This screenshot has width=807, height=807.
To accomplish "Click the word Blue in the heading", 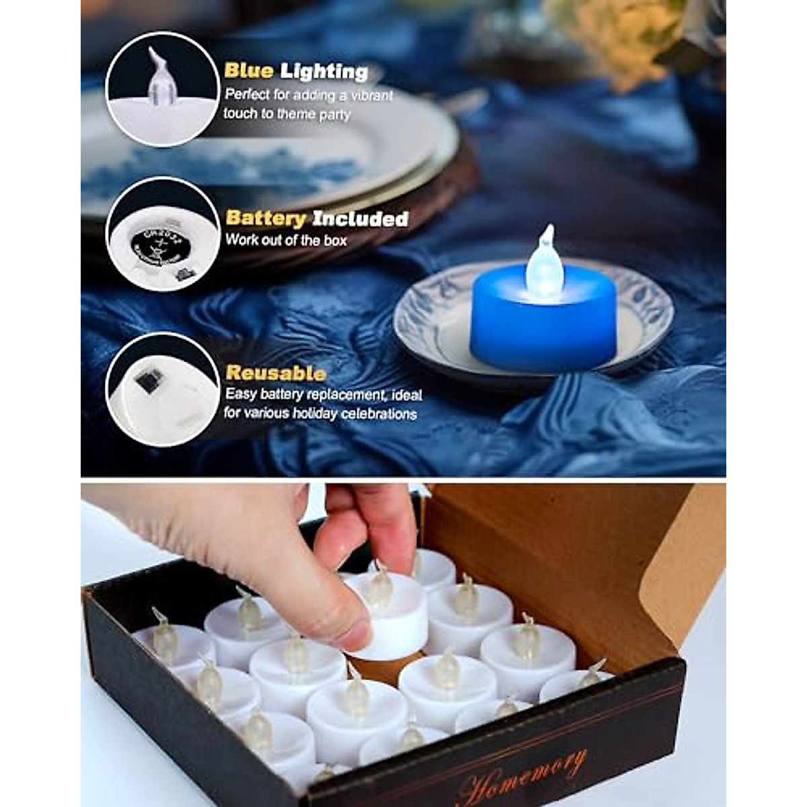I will point(248,71).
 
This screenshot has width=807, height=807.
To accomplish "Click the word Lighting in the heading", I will point(324,71).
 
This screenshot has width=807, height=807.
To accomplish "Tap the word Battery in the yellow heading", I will point(266,219).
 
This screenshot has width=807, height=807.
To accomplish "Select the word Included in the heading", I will point(360,219).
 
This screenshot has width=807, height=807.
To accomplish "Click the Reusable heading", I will point(276,373).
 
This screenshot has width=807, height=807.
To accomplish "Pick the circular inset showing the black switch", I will point(163,389).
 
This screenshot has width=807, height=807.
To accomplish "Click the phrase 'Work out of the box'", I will point(286,240).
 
